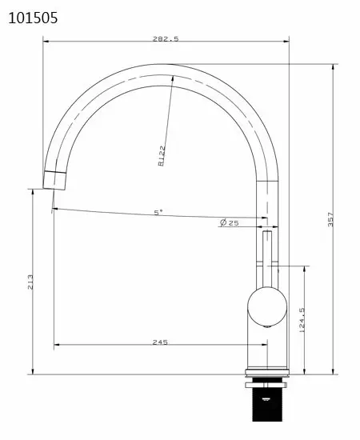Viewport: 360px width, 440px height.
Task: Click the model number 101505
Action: [32, 17]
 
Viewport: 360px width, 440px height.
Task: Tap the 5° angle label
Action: [158, 212]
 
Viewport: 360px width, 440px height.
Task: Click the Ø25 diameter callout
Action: [229, 222]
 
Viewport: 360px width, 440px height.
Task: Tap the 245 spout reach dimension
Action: [159, 342]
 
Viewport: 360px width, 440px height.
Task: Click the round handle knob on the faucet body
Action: [266, 306]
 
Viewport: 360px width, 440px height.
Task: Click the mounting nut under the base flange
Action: [266, 383]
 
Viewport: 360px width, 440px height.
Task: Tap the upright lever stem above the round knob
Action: [266, 254]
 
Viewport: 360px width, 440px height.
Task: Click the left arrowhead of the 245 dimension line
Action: [56, 346]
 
